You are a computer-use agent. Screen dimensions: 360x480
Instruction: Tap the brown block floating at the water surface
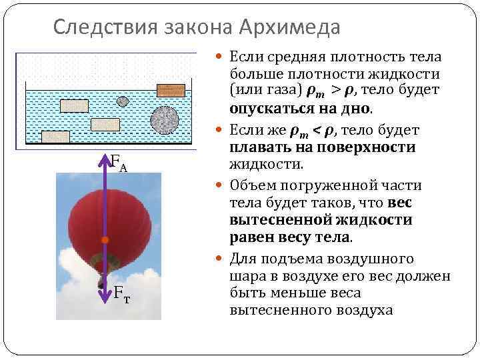[171, 91]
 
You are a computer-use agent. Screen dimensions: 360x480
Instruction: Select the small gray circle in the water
[122, 101]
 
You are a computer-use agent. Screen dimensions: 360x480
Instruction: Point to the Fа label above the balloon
[118, 161]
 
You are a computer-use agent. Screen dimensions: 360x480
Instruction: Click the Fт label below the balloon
[121, 291]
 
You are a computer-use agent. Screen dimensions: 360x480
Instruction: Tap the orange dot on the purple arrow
[104, 239]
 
